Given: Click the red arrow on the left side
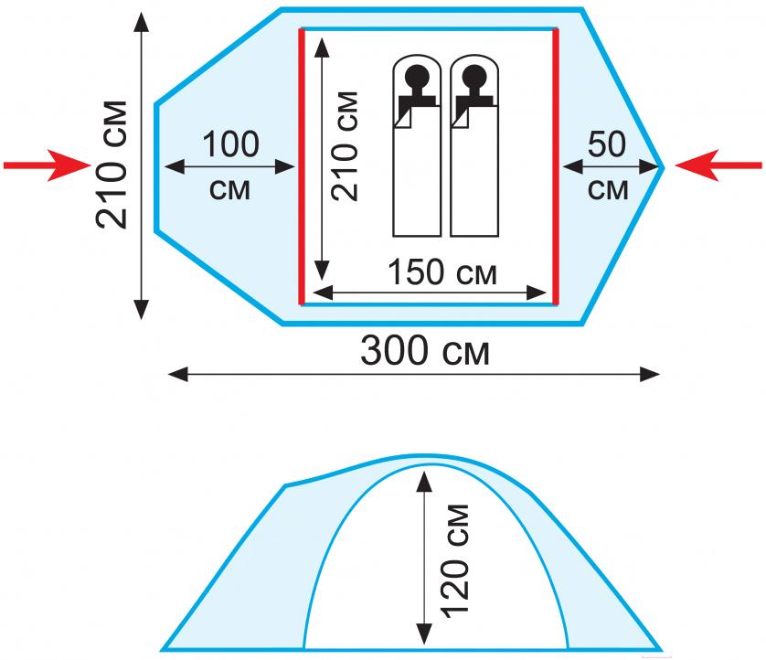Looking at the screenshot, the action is click(48, 165).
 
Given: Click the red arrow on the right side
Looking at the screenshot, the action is click(718, 165).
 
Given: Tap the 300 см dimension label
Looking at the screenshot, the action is click(424, 351).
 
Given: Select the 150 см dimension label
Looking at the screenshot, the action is click(442, 272).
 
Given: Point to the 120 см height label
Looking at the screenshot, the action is click(455, 561).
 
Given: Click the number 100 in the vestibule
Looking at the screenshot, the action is click(230, 144).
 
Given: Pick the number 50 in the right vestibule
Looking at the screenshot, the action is click(607, 144).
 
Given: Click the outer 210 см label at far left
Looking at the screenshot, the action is click(112, 165).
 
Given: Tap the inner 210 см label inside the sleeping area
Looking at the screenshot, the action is click(345, 146).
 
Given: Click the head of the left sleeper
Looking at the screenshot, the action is click(417, 77).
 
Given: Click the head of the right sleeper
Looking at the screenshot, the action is click(474, 77).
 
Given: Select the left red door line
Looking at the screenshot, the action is click(302, 166).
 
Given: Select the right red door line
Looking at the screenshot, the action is click(556, 166).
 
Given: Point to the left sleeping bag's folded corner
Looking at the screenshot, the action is click(402, 118).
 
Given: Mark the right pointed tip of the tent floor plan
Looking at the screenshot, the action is click(664, 167).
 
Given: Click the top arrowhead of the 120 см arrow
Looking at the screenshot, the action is click(424, 481).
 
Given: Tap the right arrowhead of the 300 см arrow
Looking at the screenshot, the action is click(650, 375).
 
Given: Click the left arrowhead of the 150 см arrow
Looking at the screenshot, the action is click(323, 293).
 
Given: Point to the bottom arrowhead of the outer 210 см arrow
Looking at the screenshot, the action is click(141, 310).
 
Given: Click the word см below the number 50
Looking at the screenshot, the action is click(608, 190).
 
